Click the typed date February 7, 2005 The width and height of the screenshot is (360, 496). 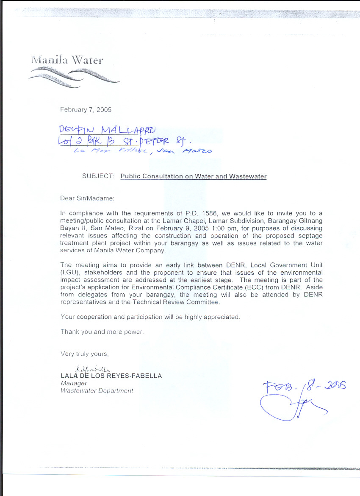click(x=86, y=109)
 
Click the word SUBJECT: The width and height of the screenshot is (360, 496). click(x=98, y=176)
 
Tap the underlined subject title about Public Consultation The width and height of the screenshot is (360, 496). click(x=194, y=176)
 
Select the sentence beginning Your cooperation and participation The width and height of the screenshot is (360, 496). click(x=150, y=317)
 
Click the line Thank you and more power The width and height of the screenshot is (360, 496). click(x=102, y=332)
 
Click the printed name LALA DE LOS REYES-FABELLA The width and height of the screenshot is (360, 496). click(x=111, y=376)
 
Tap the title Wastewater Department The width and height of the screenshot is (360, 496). click(x=97, y=391)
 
